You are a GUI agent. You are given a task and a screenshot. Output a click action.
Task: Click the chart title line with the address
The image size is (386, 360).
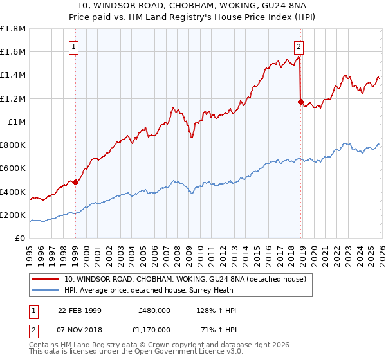click(x=192, y=6)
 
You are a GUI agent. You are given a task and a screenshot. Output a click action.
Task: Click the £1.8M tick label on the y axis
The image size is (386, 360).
click(x=13, y=29)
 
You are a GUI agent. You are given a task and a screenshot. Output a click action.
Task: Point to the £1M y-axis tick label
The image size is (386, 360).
click(x=16, y=122)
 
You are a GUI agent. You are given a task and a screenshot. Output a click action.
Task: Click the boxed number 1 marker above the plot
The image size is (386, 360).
click(x=75, y=46)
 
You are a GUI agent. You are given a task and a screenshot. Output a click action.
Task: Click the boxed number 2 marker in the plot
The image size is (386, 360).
click(x=299, y=46)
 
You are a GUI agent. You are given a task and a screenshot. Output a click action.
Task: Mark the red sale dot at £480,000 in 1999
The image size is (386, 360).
click(x=76, y=182)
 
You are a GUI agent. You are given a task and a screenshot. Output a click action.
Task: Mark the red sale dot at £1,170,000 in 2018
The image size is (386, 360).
click(x=300, y=102)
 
